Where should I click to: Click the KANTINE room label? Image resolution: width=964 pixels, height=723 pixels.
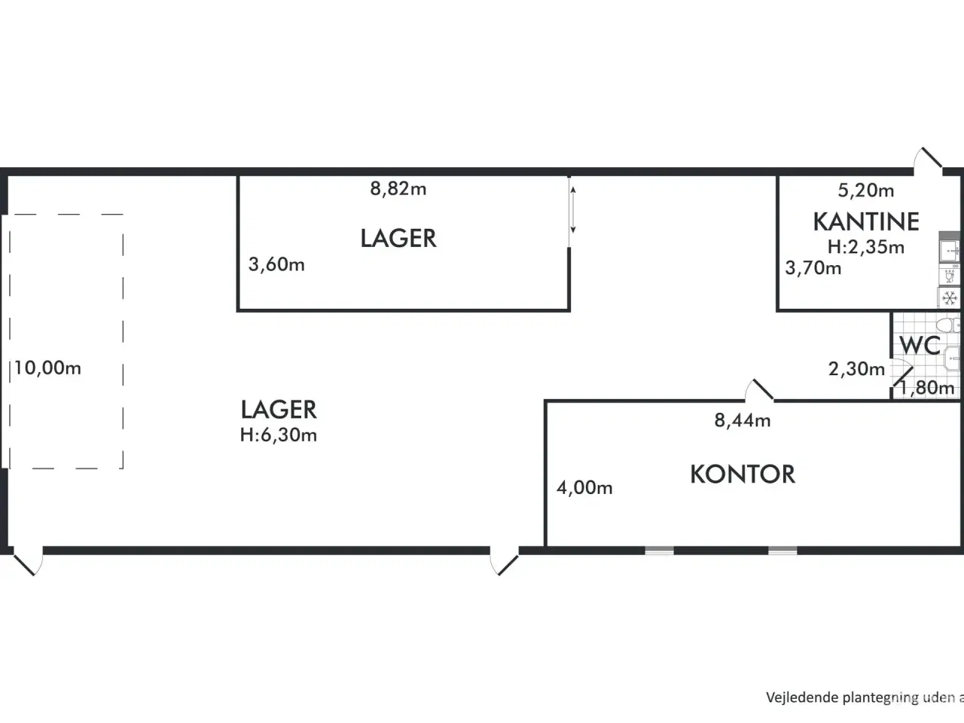pyautogui.click(x=866, y=221)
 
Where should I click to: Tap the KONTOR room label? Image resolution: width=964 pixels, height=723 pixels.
pyautogui.click(x=743, y=474)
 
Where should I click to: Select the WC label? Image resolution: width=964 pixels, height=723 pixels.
pyautogui.click(x=920, y=346)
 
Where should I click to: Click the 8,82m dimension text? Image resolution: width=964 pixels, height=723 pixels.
pyautogui.click(x=398, y=189)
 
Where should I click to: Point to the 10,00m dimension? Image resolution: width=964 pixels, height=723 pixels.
pyautogui.click(x=47, y=369)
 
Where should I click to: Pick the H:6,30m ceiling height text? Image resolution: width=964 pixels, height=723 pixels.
pyautogui.click(x=279, y=435)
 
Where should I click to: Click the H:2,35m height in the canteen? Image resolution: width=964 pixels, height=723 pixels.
pyautogui.click(x=866, y=247)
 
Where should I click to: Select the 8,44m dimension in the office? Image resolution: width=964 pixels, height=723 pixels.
pyautogui.click(x=743, y=421)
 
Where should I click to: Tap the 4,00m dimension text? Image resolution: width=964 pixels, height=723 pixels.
pyautogui.click(x=584, y=488)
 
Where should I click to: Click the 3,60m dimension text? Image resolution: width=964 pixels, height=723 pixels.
pyautogui.click(x=276, y=265)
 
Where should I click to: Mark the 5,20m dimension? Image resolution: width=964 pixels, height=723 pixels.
pyautogui.click(x=866, y=191)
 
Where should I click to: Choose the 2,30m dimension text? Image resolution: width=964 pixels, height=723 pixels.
pyautogui.click(x=856, y=369)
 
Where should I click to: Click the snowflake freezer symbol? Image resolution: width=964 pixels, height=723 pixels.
pyautogui.click(x=950, y=297)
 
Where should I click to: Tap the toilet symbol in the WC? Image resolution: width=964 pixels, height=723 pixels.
pyautogui.click(x=953, y=325)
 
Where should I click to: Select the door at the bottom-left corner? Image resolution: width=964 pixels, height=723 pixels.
pyautogui.click(x=26, y=562)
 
